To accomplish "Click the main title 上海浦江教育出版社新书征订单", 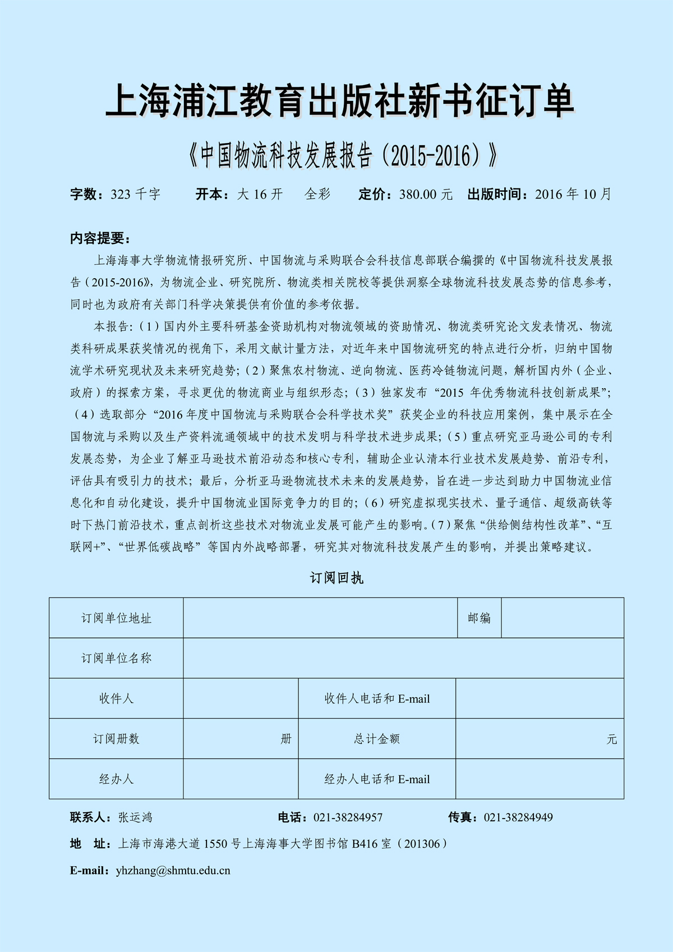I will pos(340,101).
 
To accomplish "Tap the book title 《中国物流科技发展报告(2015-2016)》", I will pos(343,155).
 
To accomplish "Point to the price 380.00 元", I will pos(426,195).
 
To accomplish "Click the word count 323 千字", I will pos(135,195).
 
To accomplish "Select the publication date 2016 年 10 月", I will pos(573,195).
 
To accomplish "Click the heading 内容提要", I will pos(100,238).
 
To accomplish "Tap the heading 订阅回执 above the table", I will pos(336,578).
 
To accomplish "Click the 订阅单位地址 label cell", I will pos(116,618).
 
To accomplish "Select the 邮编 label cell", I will pos(479,618).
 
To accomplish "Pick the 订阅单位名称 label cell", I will pos(116,658).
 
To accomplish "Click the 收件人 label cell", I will pos(116,698).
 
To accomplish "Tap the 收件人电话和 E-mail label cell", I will pos(377,698).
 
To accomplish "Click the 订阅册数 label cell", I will pos(116,739).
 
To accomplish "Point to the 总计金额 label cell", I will pos(377,739).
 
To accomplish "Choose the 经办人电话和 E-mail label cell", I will pos(377,779).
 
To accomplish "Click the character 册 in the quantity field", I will pos(286,739).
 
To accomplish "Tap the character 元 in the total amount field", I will pos(612,739).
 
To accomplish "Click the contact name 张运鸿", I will pos(135,817).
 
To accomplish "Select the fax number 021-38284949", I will pos(518,817).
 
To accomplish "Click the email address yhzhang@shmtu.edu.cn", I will pos(173,871).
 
